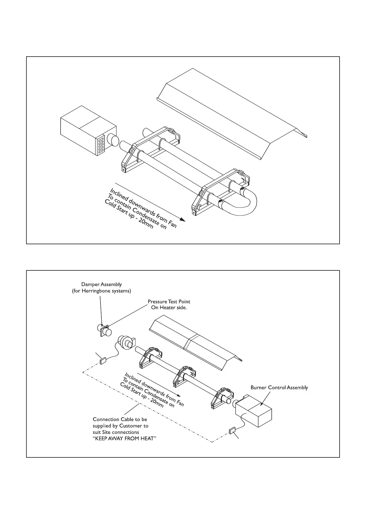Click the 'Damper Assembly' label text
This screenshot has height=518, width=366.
pyautogui.click(x=101, y=285)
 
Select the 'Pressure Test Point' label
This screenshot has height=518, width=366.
pyautogui.click(x=169, y=302)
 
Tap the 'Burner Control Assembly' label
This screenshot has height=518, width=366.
pyautogui.click(x=279, y=388)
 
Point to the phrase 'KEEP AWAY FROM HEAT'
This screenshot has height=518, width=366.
pyautogui.click(x=124, y=439)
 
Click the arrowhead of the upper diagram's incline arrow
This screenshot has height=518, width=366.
pyautogui.click(x=182, y=219)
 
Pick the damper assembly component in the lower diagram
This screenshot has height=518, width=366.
pyautogui.click(x=104, y=331)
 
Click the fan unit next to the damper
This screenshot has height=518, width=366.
pyautogui.click(x=126, y=342)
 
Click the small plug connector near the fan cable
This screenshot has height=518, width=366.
pyautogui.click(x=103, y=360)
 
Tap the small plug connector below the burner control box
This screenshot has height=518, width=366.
pyautogui.click(x=232, y=431)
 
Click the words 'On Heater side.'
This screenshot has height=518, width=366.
pyautogui.click(x=169, y=308)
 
